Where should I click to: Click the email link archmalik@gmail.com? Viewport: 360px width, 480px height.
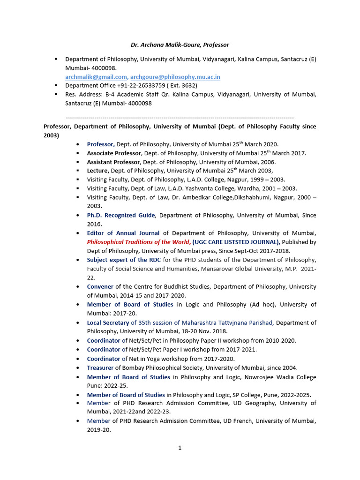[96, 77]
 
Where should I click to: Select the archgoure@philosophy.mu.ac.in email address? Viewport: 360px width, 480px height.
[175, 77]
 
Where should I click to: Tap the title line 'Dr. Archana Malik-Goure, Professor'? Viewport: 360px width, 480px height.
[180, 45]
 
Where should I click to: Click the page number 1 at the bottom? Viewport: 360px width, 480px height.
[180, 448]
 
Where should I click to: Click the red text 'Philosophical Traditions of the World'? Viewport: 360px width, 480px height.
[138, 242]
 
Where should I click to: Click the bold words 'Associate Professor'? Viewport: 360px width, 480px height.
[114, 153]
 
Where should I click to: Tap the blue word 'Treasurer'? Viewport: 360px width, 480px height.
[100, 368]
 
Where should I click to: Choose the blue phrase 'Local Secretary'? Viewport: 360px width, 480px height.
[108, 322]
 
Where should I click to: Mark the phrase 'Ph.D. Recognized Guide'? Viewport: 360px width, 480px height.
[120, 215]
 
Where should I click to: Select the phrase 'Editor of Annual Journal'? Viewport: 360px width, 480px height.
[123, 233]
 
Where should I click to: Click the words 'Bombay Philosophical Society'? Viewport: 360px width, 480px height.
[160, 368]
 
